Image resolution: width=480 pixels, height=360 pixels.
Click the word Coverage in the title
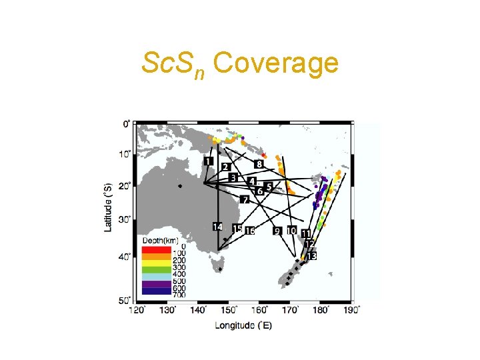[277, 64]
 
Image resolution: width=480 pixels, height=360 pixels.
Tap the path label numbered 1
[209, 161]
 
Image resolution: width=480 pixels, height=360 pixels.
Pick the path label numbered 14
[217, 227]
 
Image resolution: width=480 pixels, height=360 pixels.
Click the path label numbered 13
[311, 255]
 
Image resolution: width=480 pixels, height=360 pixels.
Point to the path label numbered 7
[245, 199]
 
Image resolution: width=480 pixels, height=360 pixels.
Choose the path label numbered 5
[269, 187]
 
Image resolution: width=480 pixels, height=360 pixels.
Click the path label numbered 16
[250, 231]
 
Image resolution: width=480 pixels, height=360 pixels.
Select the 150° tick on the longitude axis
[229, 310]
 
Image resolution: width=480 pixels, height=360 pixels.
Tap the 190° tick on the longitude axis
[352, 310]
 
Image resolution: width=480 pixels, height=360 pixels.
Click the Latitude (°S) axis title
[107, 207]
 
